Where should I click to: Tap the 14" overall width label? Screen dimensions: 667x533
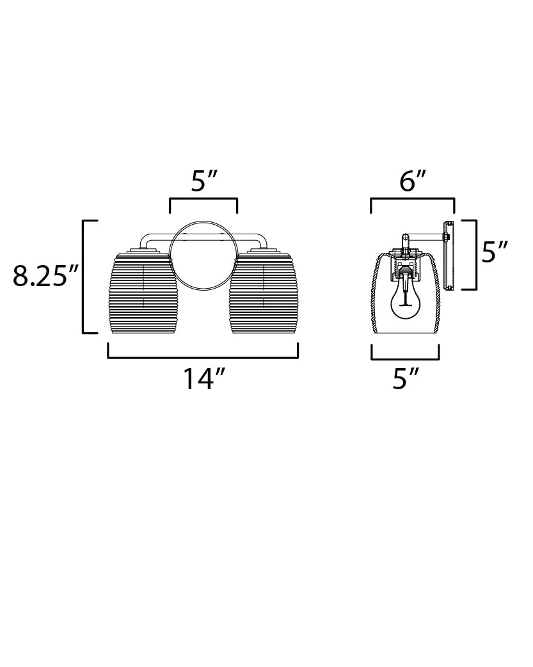pyautogui.click(x=203, y=379)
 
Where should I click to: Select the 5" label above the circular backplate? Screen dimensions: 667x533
pyautogui.click(x=204, y=182)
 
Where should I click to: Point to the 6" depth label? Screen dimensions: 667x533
pyautogui.click(x=413, y=182)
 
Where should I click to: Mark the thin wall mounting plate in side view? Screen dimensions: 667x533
pyautogui.click(x=449, y=255)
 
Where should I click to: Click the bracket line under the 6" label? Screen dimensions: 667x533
pyautogui.click(x=413, y=200)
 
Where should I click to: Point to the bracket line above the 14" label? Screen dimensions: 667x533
pyautogui.click(x=203, y=357)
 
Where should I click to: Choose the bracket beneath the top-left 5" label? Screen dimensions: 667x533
pyautogui.click(x=203, y=200)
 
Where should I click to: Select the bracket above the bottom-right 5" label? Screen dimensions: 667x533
pyautogui.click(x=405, y=358)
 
